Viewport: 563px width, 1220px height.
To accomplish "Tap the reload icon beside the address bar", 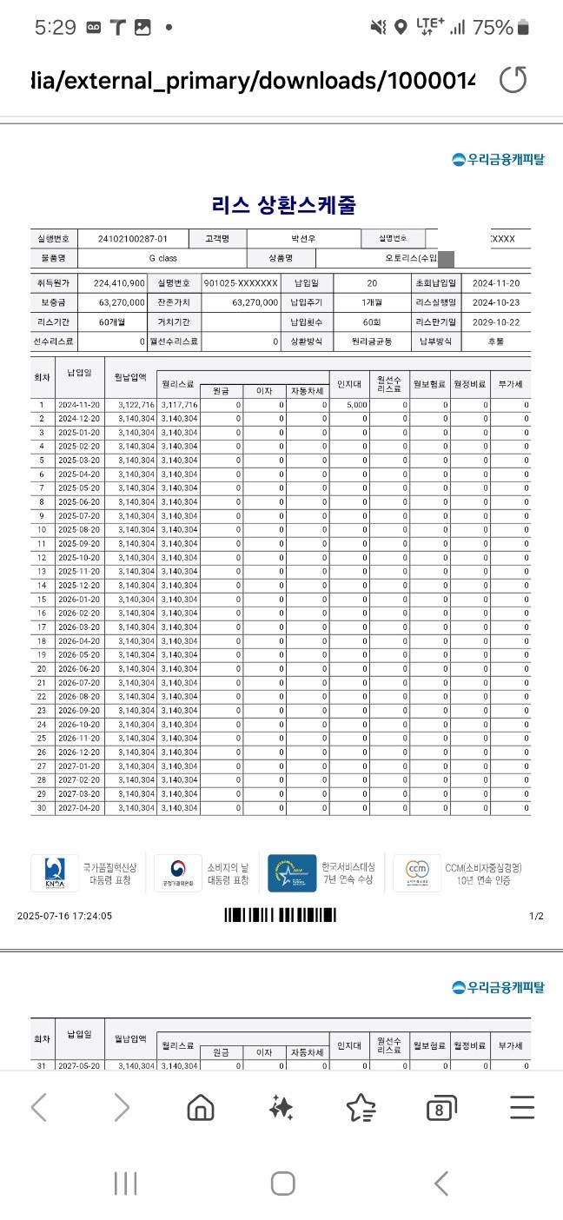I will tap(513, 81).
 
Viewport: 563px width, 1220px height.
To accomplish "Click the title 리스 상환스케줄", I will tap(283, 206).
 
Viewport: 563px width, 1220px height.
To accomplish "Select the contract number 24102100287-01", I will tap(133, 238).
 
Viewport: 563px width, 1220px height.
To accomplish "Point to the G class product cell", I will tap(163, 259).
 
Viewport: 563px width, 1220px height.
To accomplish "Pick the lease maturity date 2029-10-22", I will tap(494, 322).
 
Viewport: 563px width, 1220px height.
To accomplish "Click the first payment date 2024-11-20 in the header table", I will tap(494, 283).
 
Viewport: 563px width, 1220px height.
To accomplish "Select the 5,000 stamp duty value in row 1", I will tap(356, 405).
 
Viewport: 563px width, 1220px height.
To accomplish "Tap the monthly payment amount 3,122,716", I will tap(136, 405).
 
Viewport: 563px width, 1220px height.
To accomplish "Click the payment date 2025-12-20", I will tap(79, 586).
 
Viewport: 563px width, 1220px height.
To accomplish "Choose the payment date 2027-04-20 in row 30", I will tap(79, 808).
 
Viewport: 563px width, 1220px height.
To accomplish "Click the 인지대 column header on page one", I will tap(349, 381).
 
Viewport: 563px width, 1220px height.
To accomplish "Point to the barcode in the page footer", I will tap(280, 915).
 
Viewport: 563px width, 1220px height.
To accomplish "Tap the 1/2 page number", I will tap(536, 916).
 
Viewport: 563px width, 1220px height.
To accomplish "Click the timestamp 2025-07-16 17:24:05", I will tap(64, 916).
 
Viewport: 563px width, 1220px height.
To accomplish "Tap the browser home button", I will tap(201, 1107).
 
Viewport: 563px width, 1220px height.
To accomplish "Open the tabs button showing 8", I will tap(441, 1108).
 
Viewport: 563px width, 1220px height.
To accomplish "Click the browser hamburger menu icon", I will tap(522, 1107).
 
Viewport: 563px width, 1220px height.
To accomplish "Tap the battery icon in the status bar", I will tap(523, 28).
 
